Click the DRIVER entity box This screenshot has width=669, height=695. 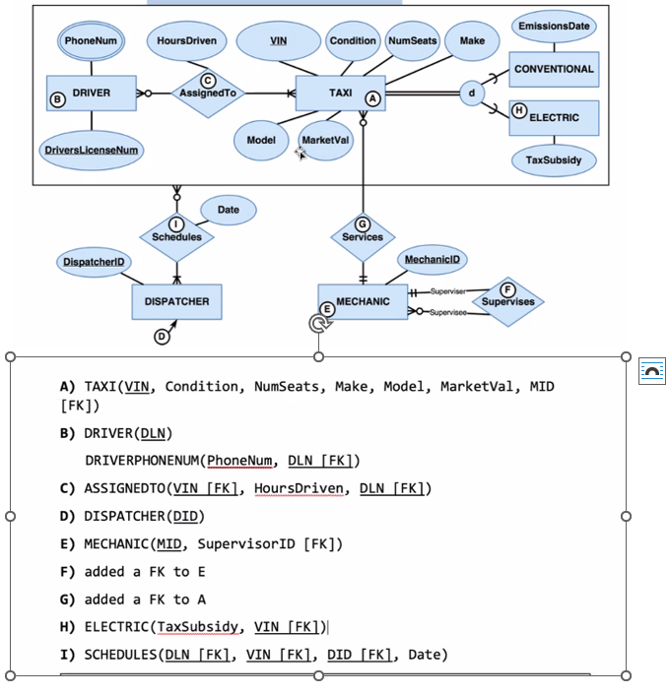click(91, 94)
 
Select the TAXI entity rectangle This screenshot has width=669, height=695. click(340, 94)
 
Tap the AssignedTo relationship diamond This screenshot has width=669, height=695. click(206, 93)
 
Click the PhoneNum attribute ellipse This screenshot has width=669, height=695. click(91, 41)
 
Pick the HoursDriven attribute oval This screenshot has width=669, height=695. click(186, 41)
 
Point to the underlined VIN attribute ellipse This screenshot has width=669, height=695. click(278, 41)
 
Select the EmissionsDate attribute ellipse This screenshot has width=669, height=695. click(553, 27)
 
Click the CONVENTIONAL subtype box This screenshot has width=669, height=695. click(554, 69)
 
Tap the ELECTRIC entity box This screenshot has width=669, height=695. click(554, 117)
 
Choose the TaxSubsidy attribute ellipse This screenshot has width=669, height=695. click(554, 159)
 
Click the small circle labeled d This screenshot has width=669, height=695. click(472, 94)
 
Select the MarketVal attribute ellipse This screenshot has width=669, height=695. click(325, 141)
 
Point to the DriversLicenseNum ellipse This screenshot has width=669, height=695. click(91, 151)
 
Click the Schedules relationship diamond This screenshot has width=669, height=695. click(176, 235)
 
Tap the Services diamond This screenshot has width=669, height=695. click(363, 235)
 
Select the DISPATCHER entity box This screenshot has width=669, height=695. click(176, 301)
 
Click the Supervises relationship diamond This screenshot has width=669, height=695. click(507, 300)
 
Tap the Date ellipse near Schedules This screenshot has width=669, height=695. click(228, 210)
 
